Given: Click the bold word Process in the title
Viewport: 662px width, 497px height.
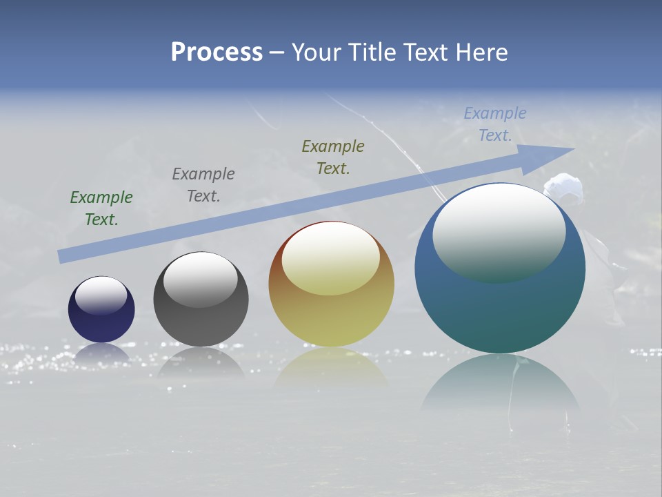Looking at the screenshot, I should [x=217, y=52].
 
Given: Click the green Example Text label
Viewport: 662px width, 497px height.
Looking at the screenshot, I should [x=101, y=208].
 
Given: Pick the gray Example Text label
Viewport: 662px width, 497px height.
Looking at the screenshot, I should [x=203, y=185].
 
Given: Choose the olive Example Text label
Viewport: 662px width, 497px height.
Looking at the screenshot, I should [x=333, y=157].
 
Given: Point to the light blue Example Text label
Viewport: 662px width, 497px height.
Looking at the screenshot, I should [x=495, y=124].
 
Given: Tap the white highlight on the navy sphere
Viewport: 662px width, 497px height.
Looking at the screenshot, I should [x=101, y=295].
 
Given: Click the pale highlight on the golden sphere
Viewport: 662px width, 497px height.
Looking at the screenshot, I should [x=331, y=258].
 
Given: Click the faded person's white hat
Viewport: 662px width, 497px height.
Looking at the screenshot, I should [x=563, y=186].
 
